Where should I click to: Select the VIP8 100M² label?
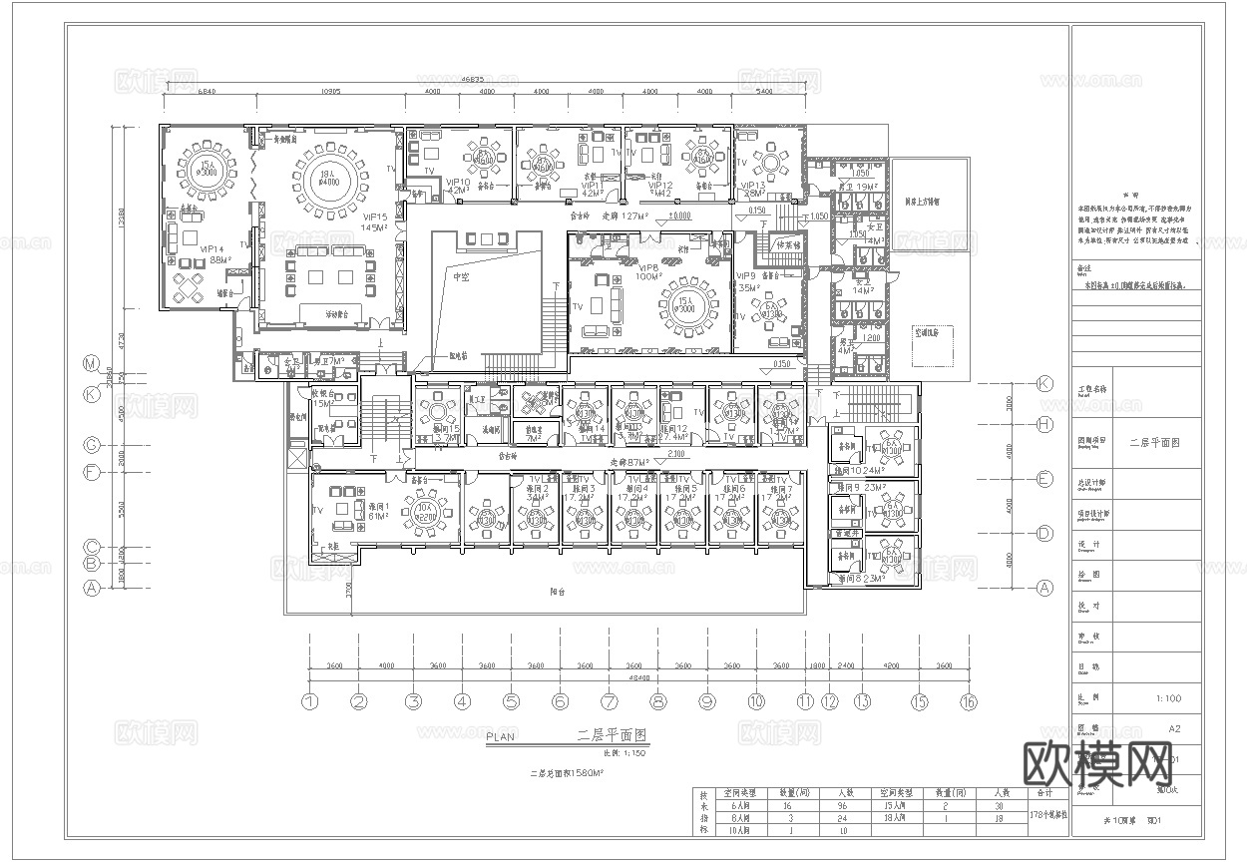(x=648, y=271)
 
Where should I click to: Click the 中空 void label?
(x=461, y=276)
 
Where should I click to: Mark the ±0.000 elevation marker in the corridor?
(x=679, y=215)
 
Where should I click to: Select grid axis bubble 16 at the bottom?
(x=968, y=701)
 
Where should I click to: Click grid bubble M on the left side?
(x=93, y=363)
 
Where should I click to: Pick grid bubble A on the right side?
(x=1044, y=588)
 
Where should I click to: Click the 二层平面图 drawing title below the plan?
(x=613, y=735)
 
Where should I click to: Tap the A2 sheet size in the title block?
(x=1173, y=729)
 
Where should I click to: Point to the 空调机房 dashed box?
(x=930, y=332)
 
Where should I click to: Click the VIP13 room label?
(x=752, y=188)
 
